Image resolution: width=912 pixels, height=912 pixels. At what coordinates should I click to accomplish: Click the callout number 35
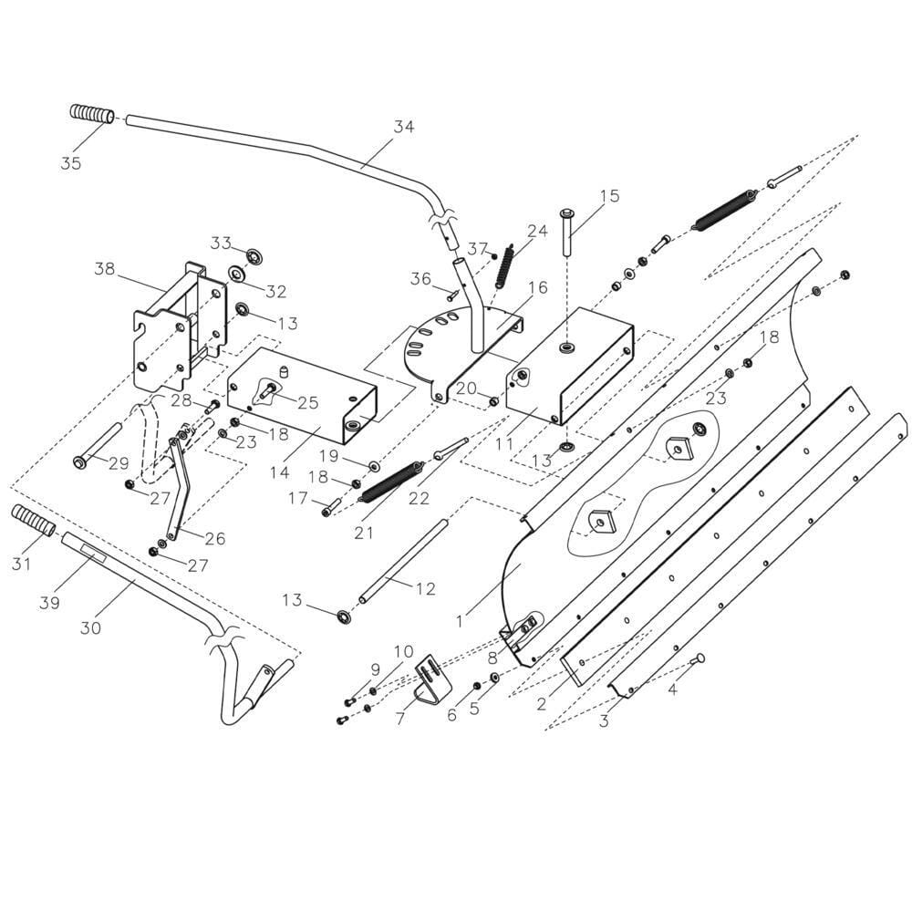coord(70,163)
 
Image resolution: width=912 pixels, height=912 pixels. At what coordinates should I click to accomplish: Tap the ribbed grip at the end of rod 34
coord(92,113)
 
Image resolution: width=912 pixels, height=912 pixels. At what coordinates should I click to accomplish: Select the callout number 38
coord(105,269)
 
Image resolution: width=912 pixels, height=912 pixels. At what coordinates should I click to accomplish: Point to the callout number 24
coord(537,231)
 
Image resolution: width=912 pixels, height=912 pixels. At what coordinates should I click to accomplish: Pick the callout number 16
coord(538,287)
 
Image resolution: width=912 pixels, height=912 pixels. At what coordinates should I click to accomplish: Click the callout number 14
coord(280,472)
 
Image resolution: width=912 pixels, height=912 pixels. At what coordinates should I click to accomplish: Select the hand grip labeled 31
coord(34,521)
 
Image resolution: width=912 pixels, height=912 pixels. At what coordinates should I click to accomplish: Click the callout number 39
coord(49,602)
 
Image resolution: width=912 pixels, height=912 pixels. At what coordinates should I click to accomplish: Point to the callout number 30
coord(90,627)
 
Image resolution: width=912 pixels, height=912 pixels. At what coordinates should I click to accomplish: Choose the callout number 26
coord(215,538)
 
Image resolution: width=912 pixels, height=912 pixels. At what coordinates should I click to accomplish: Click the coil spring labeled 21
coord(392,482)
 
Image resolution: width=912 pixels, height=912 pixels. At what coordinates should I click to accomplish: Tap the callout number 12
coord(426,588)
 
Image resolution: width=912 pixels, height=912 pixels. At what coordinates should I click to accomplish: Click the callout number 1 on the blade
coord(460,621)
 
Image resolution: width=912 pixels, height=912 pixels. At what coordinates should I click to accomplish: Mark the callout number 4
coord(672,689)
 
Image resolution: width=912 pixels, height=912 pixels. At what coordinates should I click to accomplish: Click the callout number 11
coord(504,443)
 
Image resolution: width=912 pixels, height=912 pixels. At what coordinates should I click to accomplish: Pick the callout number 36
coord(421,278)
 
